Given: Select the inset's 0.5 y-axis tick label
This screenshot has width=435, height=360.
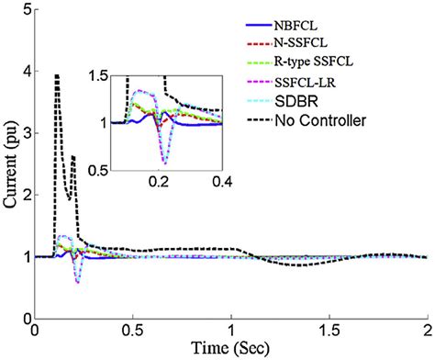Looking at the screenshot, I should coord(95,171).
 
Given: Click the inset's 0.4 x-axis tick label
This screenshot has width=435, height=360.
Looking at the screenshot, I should coord(220,184).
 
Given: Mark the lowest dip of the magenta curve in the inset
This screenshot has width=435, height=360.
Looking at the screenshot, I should coord(164,163).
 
